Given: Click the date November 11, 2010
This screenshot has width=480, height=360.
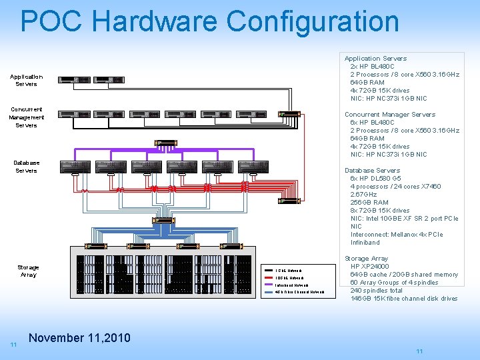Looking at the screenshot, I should [80, 338].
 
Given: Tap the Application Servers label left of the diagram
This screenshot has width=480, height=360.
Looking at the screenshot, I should [27, 80].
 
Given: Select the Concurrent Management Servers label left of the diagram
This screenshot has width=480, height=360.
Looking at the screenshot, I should [27, 117].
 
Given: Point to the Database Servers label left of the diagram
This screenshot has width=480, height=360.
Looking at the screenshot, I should [27, 166].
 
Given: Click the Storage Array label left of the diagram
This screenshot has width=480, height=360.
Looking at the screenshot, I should [28, 271].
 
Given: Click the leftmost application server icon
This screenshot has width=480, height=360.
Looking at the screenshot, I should [74, 80].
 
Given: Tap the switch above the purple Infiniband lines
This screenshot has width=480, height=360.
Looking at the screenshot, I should [163, 143].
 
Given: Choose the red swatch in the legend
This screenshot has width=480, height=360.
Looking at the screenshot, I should [269, 277].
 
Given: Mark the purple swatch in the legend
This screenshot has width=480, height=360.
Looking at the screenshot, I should [269, 285].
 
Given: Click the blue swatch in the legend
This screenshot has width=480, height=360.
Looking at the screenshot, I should [269, 292].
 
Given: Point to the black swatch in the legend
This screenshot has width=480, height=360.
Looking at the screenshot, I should [269, 270].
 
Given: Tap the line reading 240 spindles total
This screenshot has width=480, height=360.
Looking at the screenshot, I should [377, 291].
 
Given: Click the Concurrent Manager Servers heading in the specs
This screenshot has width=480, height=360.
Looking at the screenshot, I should [390, 115].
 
